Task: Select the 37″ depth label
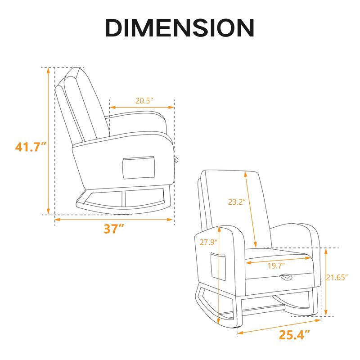(114, 229)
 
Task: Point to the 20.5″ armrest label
(142, 101)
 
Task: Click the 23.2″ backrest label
(235, 202)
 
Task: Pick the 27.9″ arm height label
(208, 242)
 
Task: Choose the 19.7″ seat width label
(278, 265)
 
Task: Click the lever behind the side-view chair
(176, 158)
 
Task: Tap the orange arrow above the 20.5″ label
(142, 108)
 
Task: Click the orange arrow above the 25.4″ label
(279, 327)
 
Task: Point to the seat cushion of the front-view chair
(279, 257)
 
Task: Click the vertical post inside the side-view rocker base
(122, 198)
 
